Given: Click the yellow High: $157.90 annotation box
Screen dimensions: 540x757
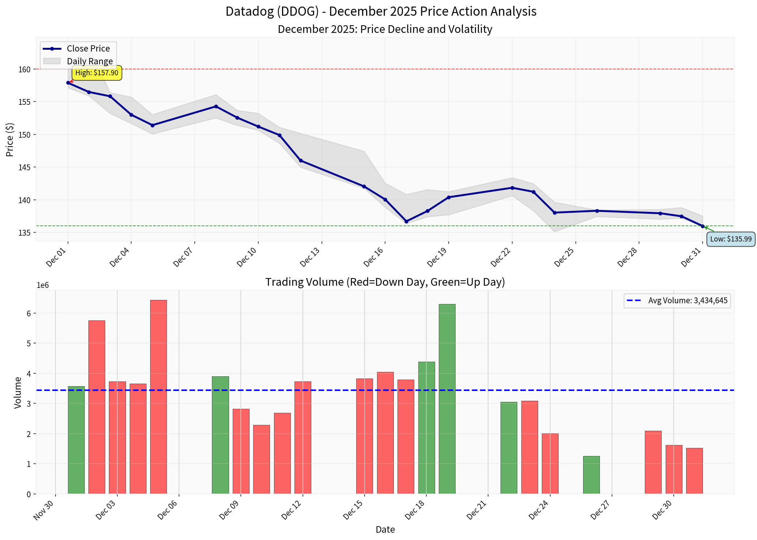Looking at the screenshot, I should click(97, 73).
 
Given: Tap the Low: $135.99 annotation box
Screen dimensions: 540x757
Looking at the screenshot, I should click(731, 239).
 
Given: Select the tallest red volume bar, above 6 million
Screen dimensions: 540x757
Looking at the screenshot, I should click(158, 396).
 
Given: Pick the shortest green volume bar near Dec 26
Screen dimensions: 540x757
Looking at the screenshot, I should click(591, 475).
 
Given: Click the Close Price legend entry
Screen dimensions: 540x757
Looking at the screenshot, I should click(88, 49).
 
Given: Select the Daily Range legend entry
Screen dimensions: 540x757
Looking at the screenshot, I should click(90, 61).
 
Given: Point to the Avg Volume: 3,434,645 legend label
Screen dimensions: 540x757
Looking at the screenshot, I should click(688, 301).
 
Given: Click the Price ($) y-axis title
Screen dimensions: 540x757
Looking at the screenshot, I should click(10, 140).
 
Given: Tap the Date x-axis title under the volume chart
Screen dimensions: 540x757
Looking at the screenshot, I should click(385, 529).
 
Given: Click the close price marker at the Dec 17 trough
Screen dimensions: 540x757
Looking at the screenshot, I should click(406, 221).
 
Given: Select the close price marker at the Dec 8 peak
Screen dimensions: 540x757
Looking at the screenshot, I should click(216, 106).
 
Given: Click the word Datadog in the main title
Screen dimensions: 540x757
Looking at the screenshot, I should click(250, 11).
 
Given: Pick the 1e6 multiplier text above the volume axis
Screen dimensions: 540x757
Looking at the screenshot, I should click(43, 285).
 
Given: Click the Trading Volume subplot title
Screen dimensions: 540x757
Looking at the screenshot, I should click(385, 282).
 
